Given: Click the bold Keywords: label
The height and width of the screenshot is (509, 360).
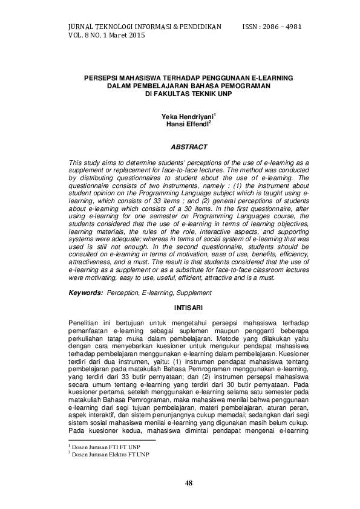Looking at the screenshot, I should (85, 293).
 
